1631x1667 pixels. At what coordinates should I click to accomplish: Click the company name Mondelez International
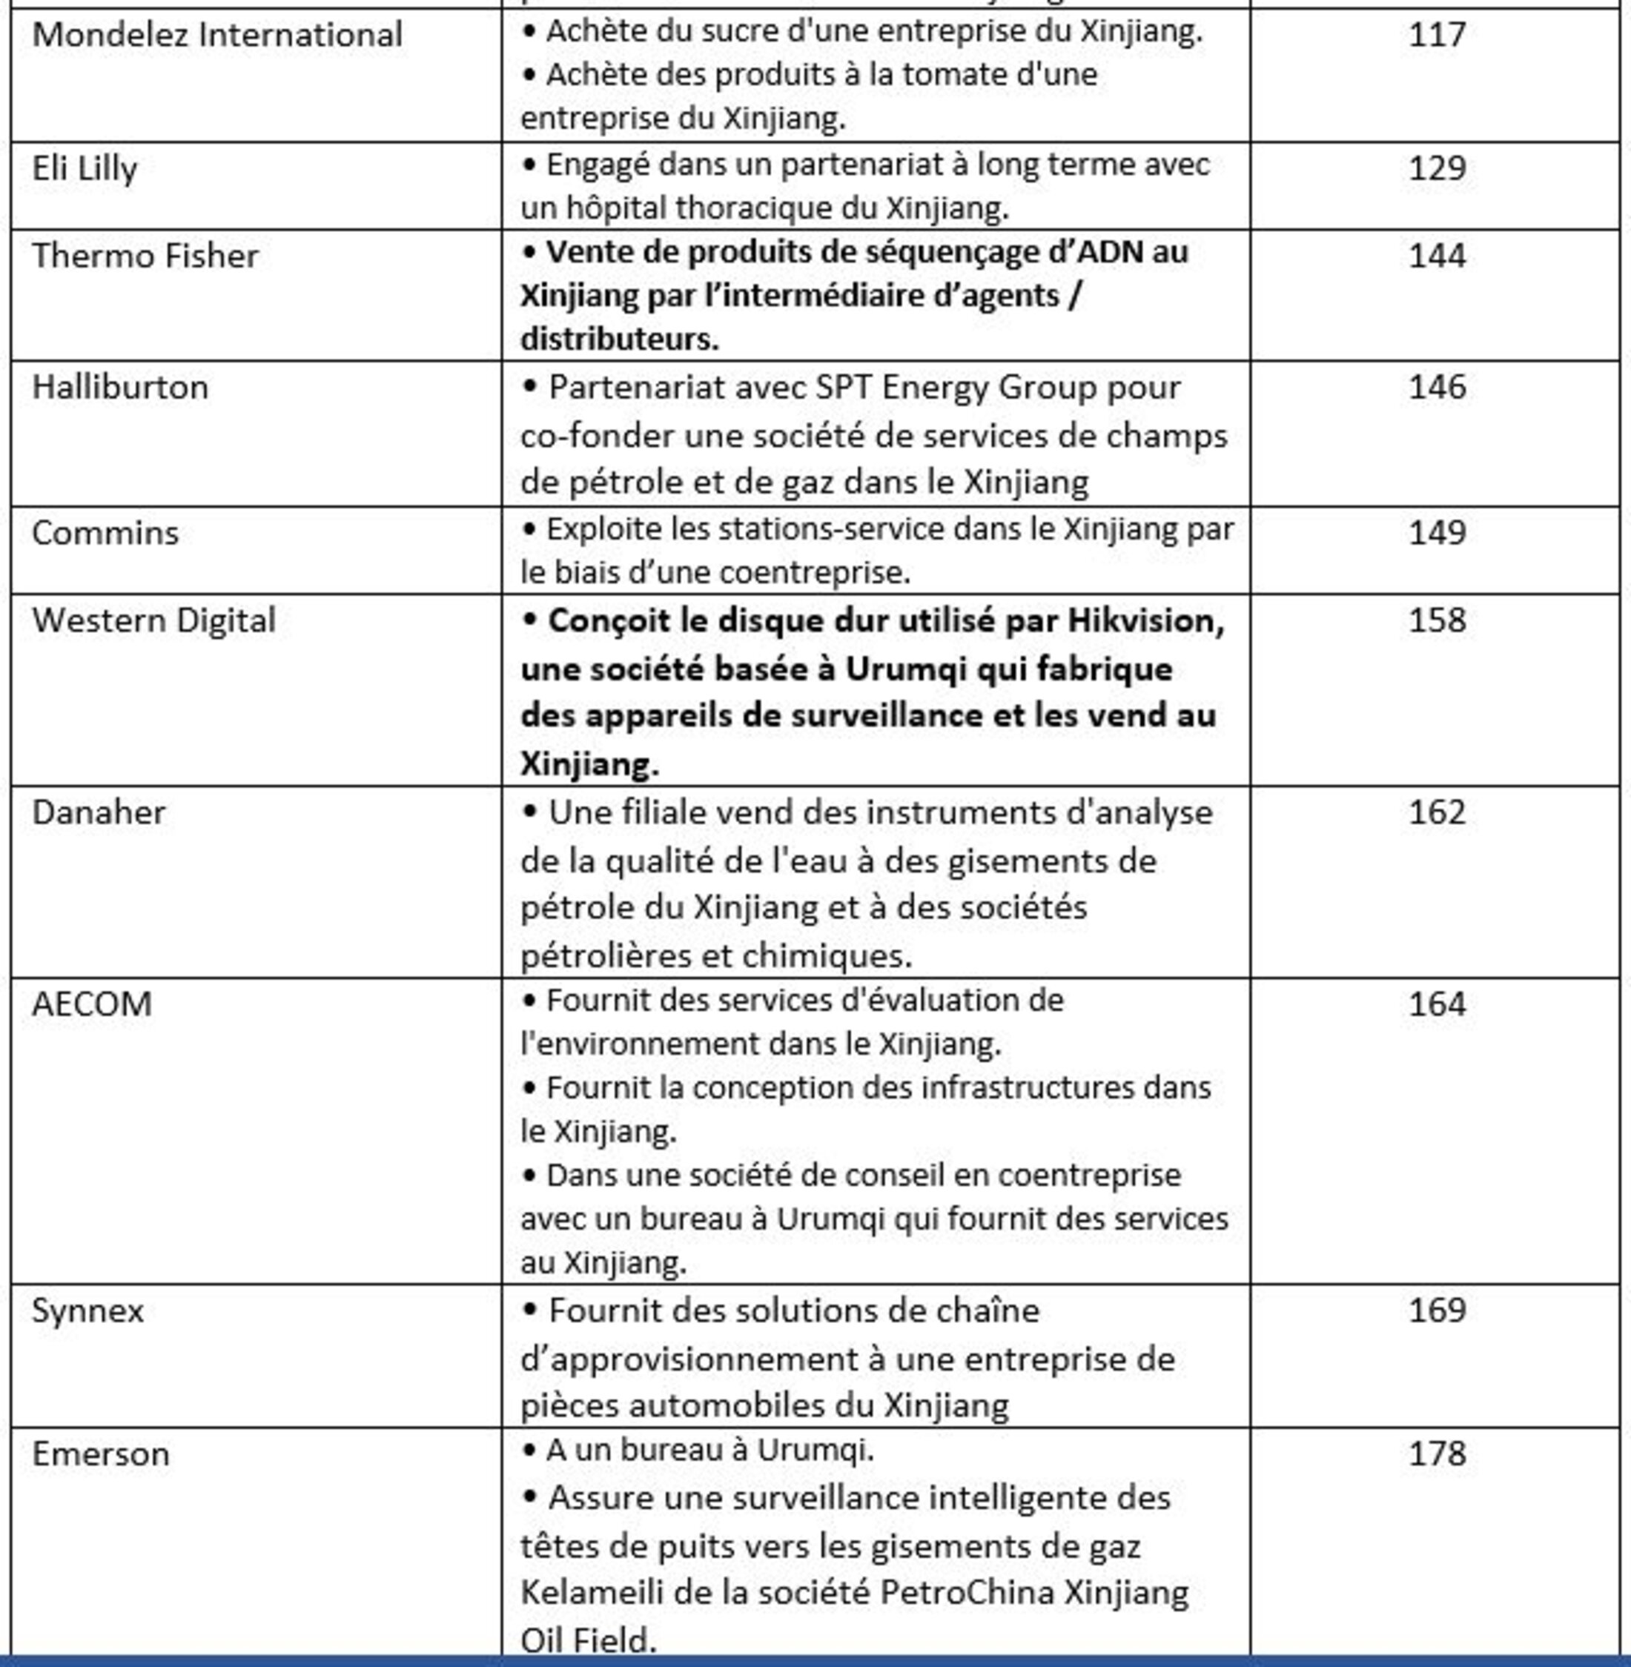(216, 35)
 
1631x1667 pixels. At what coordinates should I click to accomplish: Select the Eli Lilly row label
(84, 168)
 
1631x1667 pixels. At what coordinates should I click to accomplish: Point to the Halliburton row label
(120, 387)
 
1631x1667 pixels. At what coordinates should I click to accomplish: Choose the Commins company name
(105, 533)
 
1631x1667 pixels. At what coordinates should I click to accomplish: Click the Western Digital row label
(153, 620)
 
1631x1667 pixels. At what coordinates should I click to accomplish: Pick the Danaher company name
(99, 812)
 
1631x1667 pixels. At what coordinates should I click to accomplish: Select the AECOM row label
(92, 1004)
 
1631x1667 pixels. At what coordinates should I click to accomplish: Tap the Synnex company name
(87, 1310)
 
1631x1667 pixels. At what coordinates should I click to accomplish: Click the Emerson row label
(100, 1454)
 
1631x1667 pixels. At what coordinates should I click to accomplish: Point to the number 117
(1437, 35)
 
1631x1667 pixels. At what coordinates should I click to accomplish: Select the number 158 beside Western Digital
(1437, 620)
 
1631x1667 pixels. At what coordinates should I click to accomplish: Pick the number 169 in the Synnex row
(1437, 1310)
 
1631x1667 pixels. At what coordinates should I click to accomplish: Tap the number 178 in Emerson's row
(1437, 1454)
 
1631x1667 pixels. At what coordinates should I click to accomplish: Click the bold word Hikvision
(1145, 620)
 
